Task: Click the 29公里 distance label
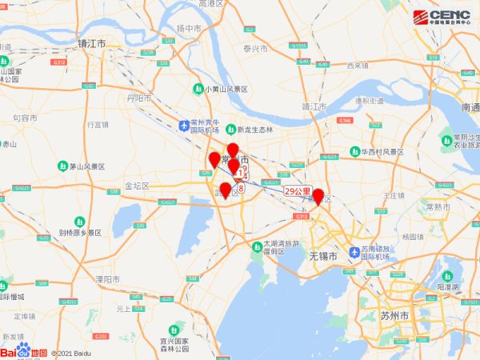pyautogui.click(x=297, y=191)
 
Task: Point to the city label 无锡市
pyautogui.click(x=322, y=255)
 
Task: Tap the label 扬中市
pyautogui.click(x=189, y=29)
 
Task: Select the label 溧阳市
pyautogui.click(x=107, y=279)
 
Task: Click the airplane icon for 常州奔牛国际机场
pyautogui.click(x=186, y=126)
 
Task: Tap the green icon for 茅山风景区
pyautogui.click(x=62, y=166)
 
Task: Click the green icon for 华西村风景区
pyautogui.click(x=354, y=151)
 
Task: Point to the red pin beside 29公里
pyautogui.click(x=318, y=196)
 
